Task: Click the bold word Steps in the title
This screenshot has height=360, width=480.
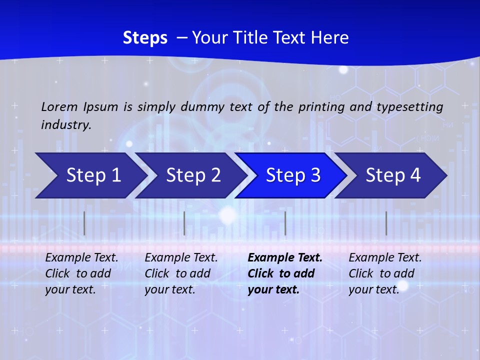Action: click(145, 37)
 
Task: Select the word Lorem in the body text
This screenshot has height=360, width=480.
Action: click(59, 106)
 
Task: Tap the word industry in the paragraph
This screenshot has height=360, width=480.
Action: click(65, 125)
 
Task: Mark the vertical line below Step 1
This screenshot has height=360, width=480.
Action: click(84, 223)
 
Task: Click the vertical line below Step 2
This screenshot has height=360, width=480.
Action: click(184, 223)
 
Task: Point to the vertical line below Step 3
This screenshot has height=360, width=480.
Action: click(285, 223)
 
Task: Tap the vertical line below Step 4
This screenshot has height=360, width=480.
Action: click(386, 223)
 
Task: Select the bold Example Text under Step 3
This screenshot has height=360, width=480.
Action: click(284, 273)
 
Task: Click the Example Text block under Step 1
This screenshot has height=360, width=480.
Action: click(81, 273)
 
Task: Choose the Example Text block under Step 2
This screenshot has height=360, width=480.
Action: click(181, 273)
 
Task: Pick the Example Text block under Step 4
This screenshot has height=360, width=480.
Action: click(385, 273)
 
